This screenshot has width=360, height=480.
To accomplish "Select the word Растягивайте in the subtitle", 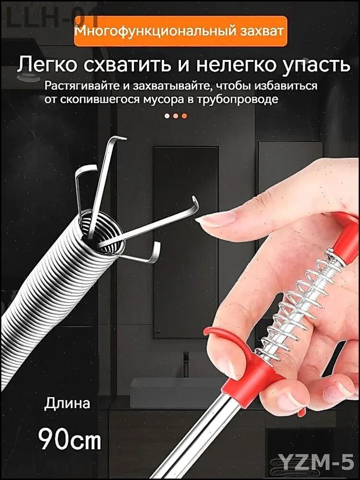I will coord(79,86).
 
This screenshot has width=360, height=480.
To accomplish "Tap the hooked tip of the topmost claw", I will coord(120,139).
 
